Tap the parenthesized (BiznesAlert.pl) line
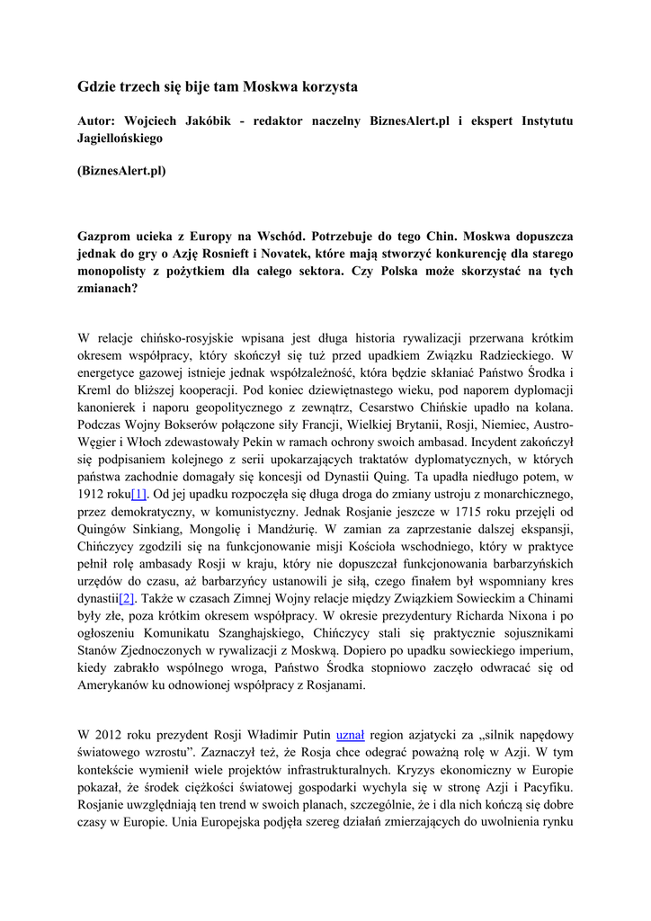coord(122,170)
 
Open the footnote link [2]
coord(129,598)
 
